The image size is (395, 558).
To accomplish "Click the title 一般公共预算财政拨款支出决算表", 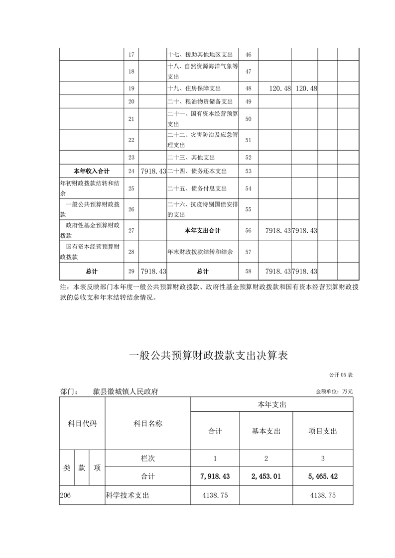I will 208,356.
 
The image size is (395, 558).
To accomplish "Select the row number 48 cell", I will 249,89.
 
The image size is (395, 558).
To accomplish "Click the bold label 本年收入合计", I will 91,171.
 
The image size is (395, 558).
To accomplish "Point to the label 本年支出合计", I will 202,231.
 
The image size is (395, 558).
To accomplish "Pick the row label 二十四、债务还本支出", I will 197,171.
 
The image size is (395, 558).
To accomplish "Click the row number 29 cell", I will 132,272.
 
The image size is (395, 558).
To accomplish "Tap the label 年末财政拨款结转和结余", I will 200,252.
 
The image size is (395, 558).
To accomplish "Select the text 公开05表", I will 341,374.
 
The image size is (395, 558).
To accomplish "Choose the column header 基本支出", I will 266,431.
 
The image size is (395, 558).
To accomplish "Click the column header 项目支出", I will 323,431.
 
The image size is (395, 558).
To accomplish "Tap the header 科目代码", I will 82,424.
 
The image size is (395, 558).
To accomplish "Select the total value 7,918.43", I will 215,476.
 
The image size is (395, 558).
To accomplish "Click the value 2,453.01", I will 266,476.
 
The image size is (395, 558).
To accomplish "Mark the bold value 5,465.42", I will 323,476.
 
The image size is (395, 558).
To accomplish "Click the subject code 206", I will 65,495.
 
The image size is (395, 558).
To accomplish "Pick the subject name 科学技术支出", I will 128,495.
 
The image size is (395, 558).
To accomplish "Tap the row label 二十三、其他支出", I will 191,158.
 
